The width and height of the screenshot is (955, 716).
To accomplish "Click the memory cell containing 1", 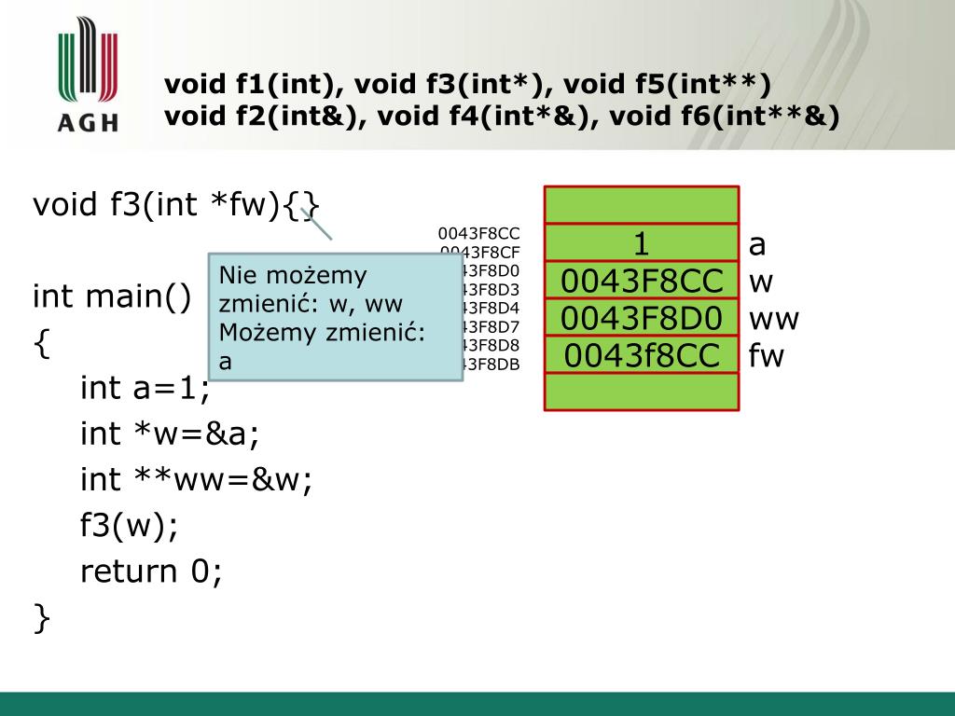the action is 642,243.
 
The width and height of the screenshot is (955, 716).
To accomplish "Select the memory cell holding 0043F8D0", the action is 642,318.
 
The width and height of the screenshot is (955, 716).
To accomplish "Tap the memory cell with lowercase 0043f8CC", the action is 642,355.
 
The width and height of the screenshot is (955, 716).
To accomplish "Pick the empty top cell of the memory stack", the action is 642,205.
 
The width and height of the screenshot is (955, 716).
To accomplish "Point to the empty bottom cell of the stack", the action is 642,392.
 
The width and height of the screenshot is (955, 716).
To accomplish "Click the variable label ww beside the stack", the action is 773,319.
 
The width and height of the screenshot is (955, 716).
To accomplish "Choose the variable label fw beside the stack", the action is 766,355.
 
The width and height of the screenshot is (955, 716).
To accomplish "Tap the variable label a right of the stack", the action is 757,244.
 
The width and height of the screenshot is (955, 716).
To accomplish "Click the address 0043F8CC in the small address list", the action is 479,234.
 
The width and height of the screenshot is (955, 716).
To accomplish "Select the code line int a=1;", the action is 145,388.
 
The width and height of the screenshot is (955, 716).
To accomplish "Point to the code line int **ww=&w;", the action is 196,479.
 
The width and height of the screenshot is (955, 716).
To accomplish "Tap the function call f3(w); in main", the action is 129,525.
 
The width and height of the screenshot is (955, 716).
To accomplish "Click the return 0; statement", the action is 151,571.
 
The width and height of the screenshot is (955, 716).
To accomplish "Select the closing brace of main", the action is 40,617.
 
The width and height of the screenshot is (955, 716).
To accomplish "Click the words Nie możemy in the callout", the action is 293,276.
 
